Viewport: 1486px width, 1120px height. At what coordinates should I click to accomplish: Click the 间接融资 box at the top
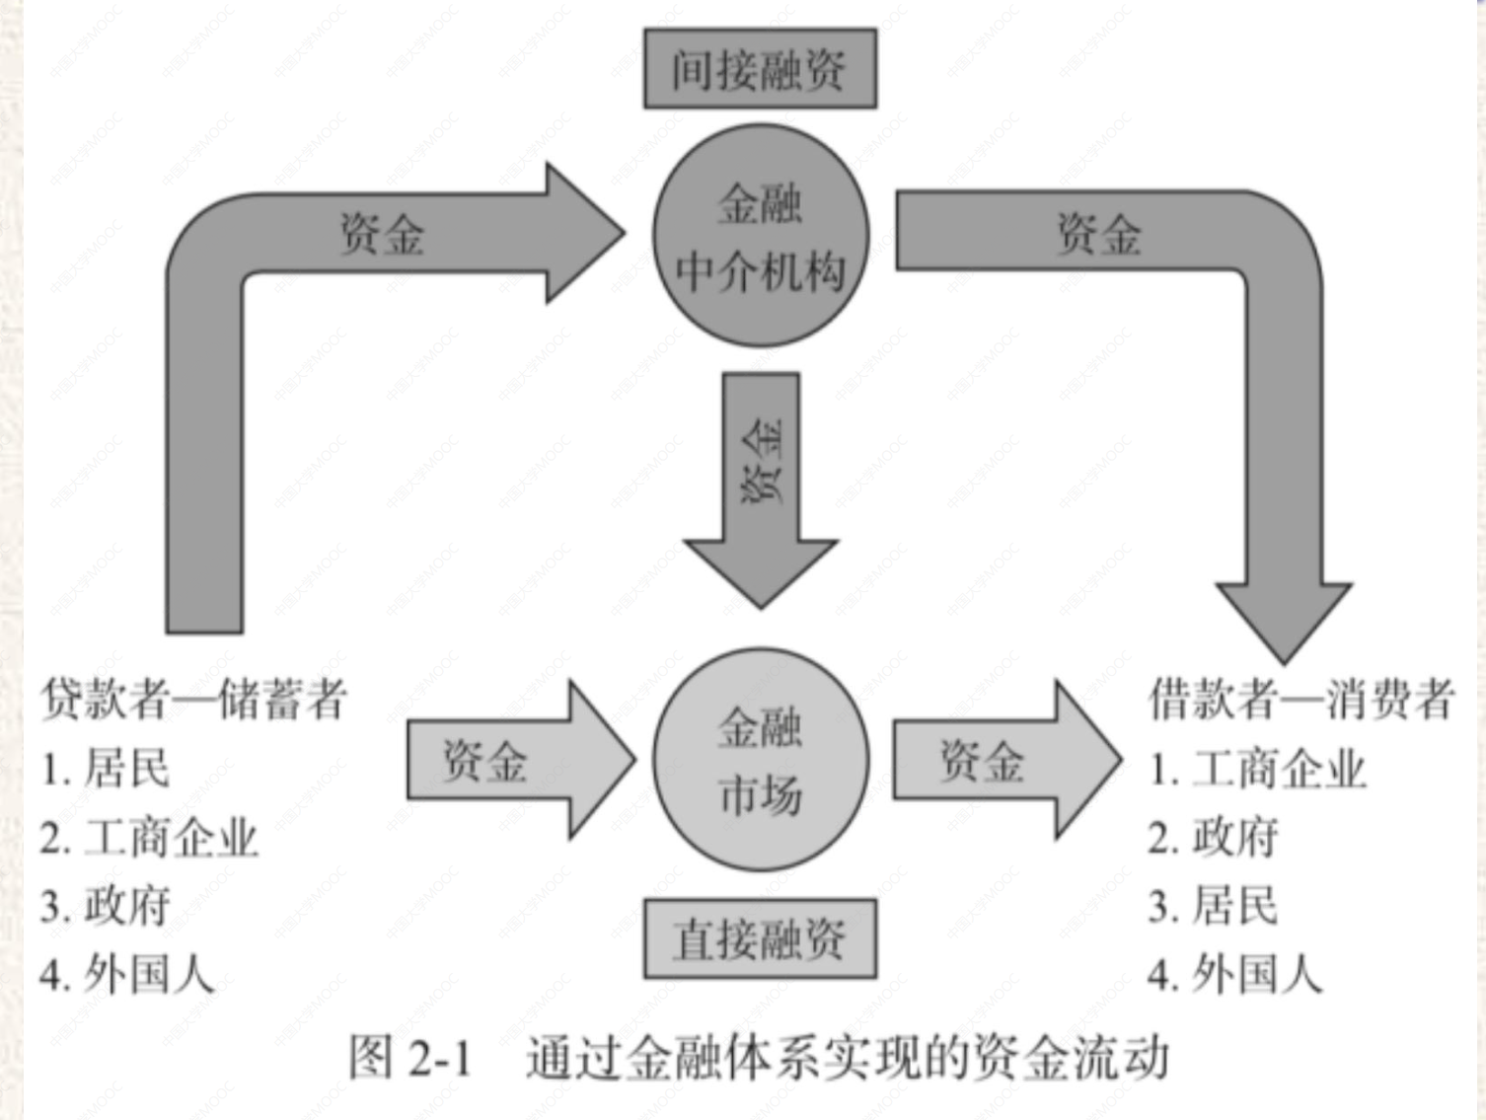[x=760, y=69]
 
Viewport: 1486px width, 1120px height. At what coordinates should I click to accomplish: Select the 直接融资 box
[x=760, y=938]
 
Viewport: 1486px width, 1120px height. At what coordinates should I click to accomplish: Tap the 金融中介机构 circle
[x=760, y=235]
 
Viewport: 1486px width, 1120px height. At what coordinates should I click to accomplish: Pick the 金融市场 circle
[x=760, y=760]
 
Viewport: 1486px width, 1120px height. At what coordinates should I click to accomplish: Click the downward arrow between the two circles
[x=761, y=488]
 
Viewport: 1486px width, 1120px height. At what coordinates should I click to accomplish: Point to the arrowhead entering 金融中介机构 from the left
[x=582, y=234]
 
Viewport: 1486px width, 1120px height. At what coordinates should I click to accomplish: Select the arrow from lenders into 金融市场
[x=518, y=760]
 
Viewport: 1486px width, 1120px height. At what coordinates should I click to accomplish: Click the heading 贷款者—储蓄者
[x=193, y=699]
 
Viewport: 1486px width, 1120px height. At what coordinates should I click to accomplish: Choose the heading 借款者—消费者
[x=1300, y=699]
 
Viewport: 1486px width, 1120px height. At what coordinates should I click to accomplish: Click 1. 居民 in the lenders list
[x=106, y=768]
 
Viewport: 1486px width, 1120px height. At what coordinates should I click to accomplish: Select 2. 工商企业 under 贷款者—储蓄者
[x=149, y=838]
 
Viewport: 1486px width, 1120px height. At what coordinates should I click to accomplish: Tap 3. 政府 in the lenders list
[x=106, y=906]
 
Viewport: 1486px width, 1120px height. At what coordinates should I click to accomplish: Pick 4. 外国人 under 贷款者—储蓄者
[x=127, y=975]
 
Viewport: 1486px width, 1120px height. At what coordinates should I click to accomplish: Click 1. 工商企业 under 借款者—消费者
[x=1257, y=769]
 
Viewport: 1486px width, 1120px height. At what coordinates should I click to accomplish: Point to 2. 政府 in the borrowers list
[x=1213, y=838]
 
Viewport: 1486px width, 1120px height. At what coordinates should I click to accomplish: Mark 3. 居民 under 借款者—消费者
[x=1213, y=906]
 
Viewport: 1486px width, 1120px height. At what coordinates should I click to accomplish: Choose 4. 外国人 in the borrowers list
[x=1234, y=975]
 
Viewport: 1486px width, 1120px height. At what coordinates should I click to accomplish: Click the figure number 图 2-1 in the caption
[x=410, y=1058]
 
